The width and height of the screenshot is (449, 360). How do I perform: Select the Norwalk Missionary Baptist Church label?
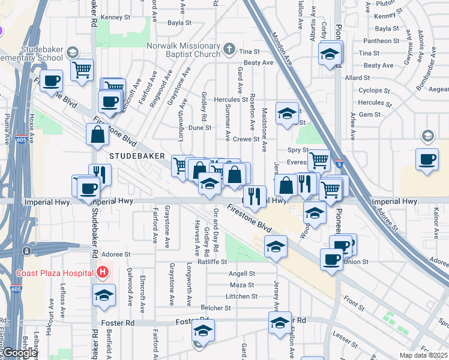(x=184, y=49)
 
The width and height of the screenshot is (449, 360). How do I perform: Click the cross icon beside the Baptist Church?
(x=229, y=48)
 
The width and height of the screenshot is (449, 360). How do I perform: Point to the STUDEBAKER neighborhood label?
(x=137, y=155)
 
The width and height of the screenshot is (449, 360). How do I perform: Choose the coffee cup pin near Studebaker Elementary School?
(x=52, y=80)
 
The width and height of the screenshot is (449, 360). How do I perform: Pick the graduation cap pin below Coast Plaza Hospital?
(x=104, y=295)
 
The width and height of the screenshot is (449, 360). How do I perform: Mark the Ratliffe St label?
(x=212, y=262)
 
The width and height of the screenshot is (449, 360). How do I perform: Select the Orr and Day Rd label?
(x=215, y=230)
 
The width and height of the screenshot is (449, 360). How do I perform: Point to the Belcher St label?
(x=219, y=308)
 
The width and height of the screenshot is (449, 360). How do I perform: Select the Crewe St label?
(x=246, y=139)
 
